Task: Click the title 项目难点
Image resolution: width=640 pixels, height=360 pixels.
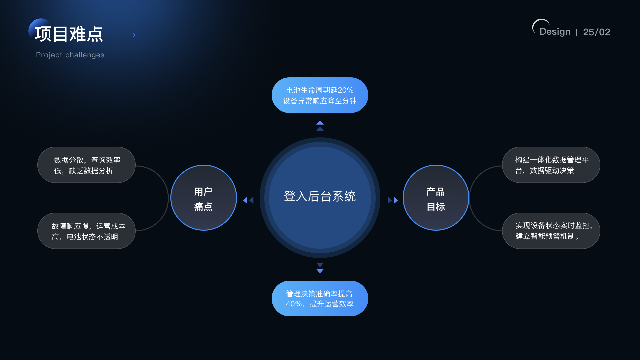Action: click(69, 34)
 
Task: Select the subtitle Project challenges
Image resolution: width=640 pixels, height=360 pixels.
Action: click(70, 55)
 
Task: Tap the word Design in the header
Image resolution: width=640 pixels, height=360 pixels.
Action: click(555, 32)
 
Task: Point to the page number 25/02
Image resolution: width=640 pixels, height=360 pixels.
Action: click(596, 32)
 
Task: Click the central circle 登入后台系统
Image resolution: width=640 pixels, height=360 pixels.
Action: click(320, 197)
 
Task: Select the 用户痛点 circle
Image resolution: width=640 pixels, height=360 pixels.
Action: click(203, 198)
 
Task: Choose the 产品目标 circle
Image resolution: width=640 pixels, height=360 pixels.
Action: click(436, 198)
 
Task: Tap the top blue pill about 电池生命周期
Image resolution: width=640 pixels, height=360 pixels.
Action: click(320, 95)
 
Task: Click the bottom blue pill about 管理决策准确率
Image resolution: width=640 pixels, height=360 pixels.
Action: click(320, 299)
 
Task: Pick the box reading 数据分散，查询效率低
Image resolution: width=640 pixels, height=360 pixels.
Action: click(86, 165)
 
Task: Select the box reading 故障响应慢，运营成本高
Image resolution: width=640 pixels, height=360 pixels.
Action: click(86, 231)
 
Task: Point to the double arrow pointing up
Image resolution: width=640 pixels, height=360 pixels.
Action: click(320, 126)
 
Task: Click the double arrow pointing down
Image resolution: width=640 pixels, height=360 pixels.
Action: click(320, 268)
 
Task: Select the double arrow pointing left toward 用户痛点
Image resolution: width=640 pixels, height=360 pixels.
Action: click(248, 200)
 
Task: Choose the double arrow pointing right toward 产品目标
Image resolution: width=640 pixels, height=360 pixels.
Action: click(393, 200)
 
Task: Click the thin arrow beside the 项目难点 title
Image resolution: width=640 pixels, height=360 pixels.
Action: click(120, 35)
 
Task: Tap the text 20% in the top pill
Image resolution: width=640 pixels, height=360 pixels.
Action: click(345, 90)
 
